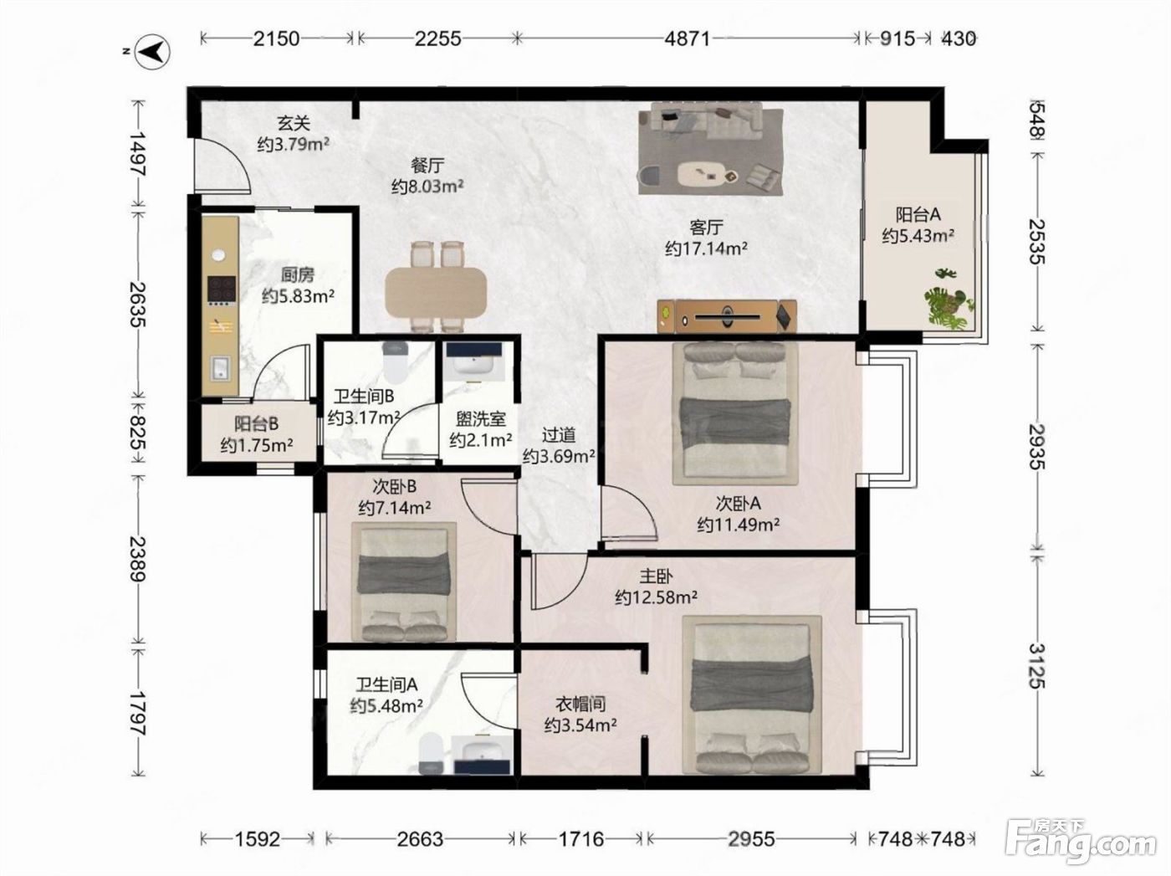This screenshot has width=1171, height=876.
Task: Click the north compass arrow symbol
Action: (x=151, y=52)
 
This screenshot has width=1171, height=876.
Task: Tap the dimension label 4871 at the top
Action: (x=688, y=39)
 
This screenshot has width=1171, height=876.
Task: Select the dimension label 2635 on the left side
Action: (x=138, y=304)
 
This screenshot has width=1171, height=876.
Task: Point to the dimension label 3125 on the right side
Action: (x=1037, y=666)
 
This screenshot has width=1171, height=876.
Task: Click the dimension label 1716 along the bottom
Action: (x=581, y=839)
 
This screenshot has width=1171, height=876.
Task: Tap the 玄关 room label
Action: (x=294, y=123)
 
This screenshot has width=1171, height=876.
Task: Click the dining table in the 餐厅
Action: (x=437, y=294)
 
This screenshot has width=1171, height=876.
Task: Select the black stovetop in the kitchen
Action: (x=221, y=289)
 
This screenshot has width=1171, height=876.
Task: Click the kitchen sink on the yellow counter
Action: (x=220, y=367)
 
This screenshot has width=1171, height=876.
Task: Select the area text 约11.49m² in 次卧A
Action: (x=738, y=525)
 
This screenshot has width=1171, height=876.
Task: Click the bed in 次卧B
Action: (x=404, y=581)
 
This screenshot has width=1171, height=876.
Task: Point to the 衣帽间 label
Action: (x=580, y=704)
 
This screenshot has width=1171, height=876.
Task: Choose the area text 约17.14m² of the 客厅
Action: (x=706, y=248)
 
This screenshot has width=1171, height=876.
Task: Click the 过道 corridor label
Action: (x=559, y=435)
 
